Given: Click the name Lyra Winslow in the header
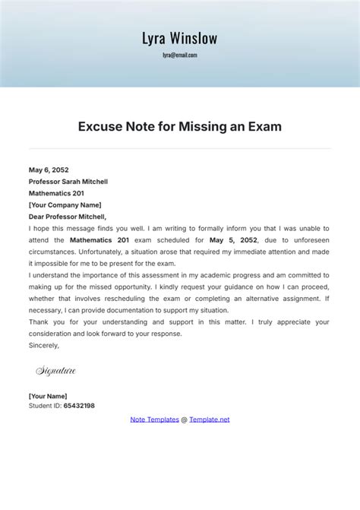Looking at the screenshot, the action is click(179, 37).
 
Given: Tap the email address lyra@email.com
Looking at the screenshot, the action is click(179, 55).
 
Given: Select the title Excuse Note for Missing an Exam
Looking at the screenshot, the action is click(180, 127).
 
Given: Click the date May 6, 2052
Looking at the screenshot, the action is click(49, 170).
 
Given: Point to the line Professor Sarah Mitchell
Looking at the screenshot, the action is click(68, 182).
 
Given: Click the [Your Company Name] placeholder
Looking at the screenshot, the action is click(65, 204).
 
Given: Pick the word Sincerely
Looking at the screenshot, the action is click(44, 344).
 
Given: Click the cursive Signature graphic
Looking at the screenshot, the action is click(56, 371).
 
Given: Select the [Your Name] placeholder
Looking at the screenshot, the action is click(48, 395).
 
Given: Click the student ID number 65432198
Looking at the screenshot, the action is click(79, 406).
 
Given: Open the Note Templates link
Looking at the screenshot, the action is click(154, 419).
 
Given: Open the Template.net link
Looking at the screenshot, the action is click(209, 419).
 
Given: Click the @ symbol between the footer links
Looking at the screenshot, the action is click(184, 419).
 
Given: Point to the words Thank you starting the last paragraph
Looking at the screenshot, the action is click(44, 322).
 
